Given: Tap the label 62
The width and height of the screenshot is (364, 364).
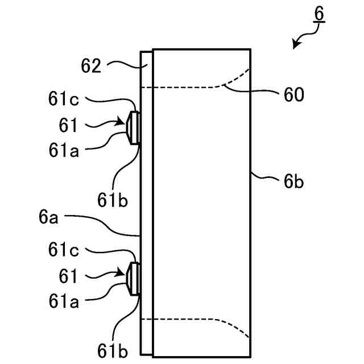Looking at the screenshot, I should pyautogui.click(x=90, y=66).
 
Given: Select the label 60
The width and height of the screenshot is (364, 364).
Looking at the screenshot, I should pyautogui.click(x=292, y=94).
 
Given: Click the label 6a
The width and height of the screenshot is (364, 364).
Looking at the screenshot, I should pyautogui.click(x=48, y=216).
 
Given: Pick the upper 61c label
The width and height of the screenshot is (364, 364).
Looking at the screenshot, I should pyautogui.click(x=63, y=100).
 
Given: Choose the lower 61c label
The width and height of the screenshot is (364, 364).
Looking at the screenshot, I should pyautogui.click(x=63, y=250).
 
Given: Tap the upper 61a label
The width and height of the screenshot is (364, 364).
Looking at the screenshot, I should pyautogui.click(x=63, y=151).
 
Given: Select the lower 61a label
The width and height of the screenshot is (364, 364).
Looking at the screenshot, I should pyautogui.click(x=63, y=301).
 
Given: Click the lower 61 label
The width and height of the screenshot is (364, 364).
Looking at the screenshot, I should pyautogui.click(x=68, y=275).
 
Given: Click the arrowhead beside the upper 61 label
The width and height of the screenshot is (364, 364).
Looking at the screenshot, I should pyautogui.click(x=121, y=121).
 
